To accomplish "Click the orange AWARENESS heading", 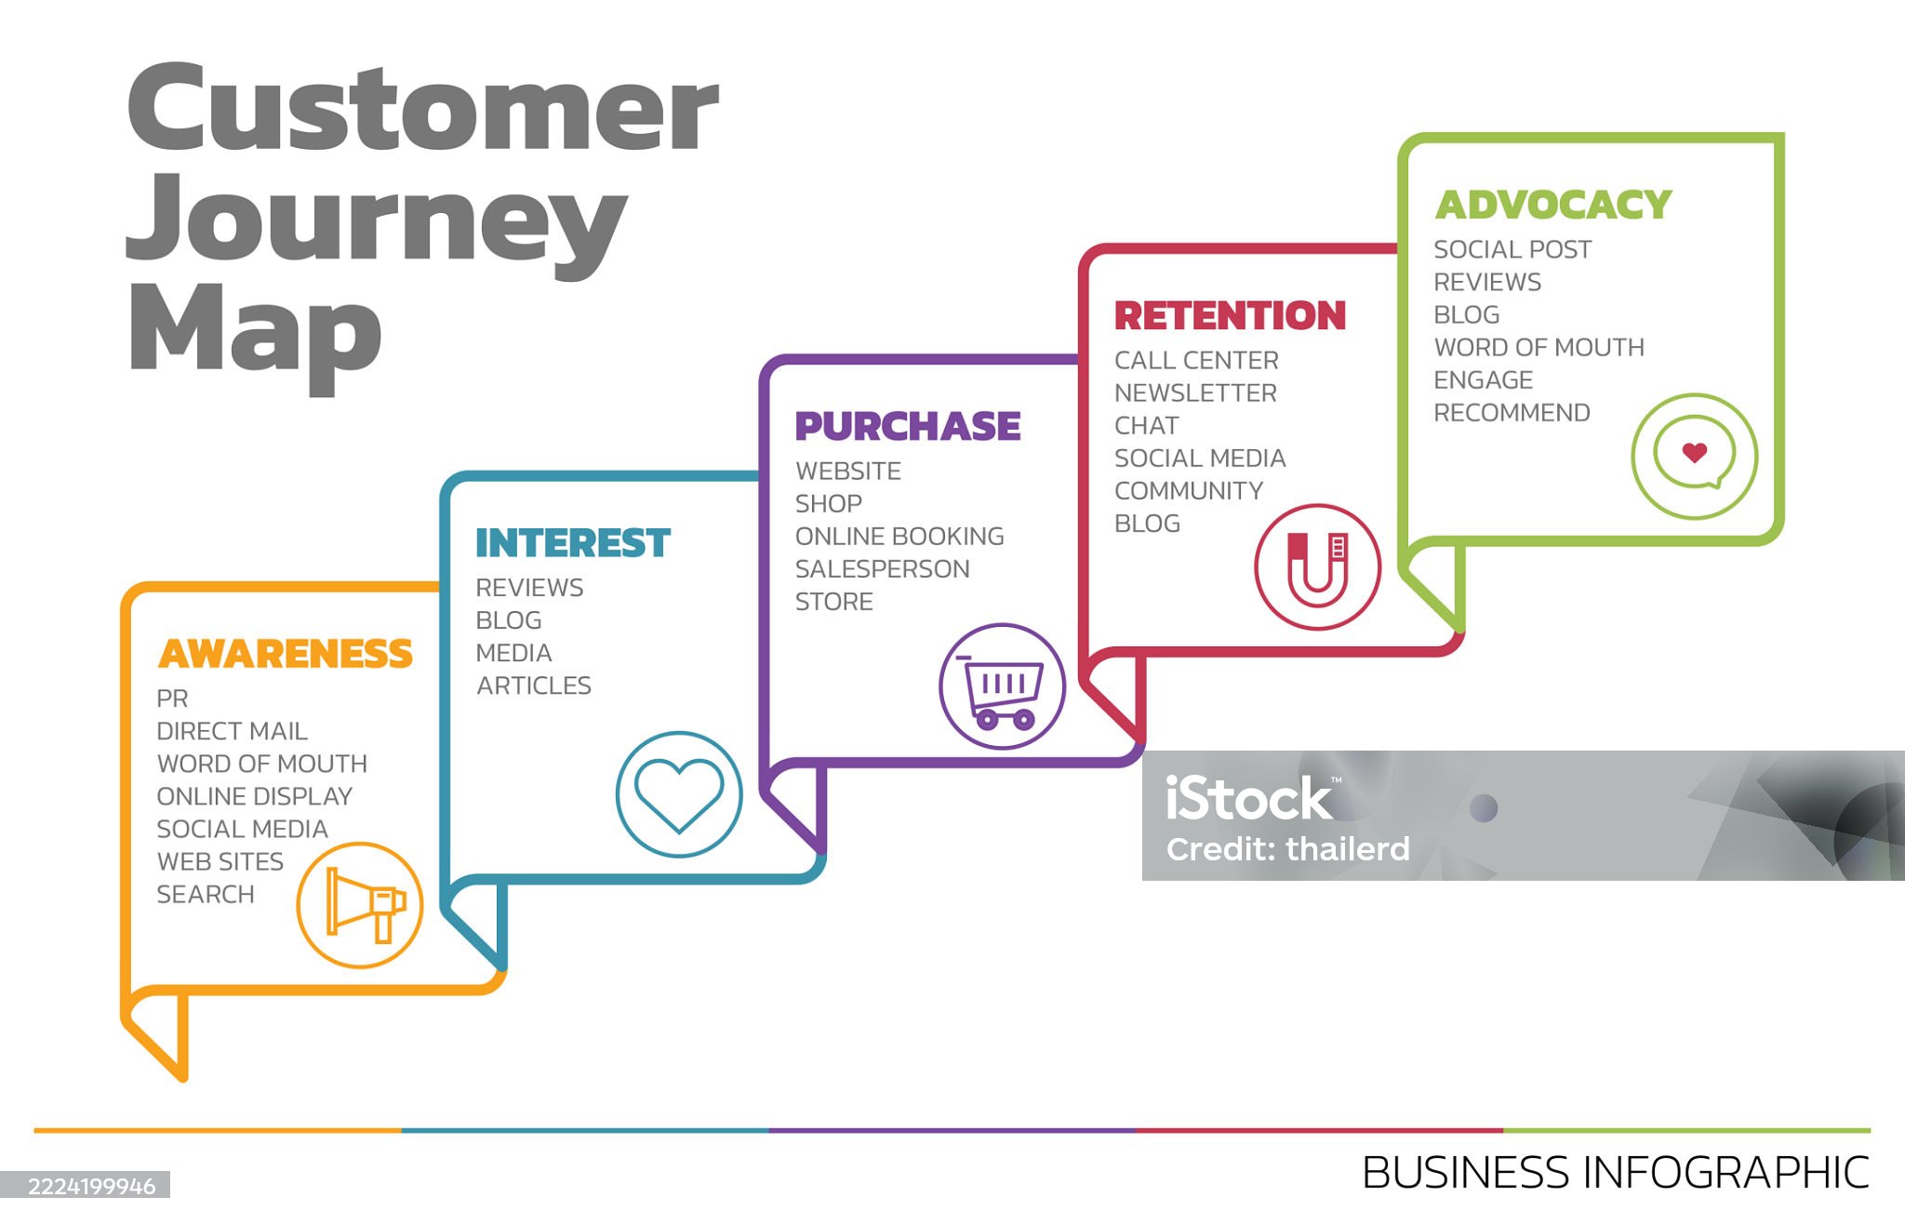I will pos(285,654).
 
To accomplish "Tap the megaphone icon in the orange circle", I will pos(361,905).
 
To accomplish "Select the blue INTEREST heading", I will pos(572,543).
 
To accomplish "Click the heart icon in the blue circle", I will pos(679,793).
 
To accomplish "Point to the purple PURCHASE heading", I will pos(907,427).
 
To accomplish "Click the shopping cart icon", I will pos(1002,686).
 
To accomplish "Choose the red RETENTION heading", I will pos(1230,316).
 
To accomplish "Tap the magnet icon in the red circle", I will pos(1317,566).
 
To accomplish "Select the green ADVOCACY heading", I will pos(1552,206).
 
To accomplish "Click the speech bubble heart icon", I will pos(1694,455).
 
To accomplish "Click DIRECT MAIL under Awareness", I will pos(232,731).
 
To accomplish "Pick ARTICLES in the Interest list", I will pos(534,685).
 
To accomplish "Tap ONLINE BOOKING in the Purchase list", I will pos(899,537).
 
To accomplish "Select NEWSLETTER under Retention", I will pos(1195,393).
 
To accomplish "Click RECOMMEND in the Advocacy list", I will pos(1512,413).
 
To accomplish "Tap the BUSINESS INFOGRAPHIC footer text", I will pos(1615,1173).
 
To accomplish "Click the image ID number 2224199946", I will pos(91,1187).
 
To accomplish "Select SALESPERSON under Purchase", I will pos(882,569).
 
